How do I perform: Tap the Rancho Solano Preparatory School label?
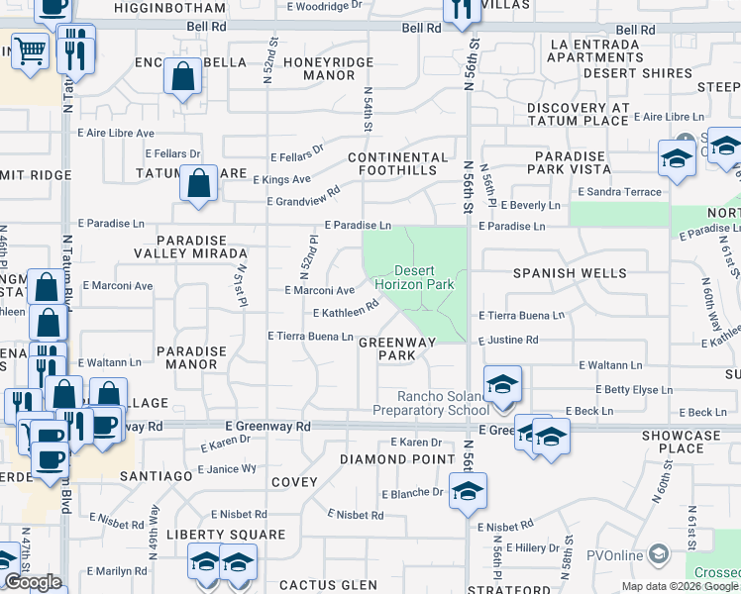click(x=431, y=403)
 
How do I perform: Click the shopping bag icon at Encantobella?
click(x=184, y=76)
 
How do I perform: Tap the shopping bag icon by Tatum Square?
click(x=199, y=184)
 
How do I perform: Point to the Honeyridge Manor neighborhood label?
click(x=311, y=68)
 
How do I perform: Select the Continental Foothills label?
click(x=397, y=163)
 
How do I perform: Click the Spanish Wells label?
click(x=570, y=272)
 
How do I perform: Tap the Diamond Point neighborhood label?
click(x=386, y=459)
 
